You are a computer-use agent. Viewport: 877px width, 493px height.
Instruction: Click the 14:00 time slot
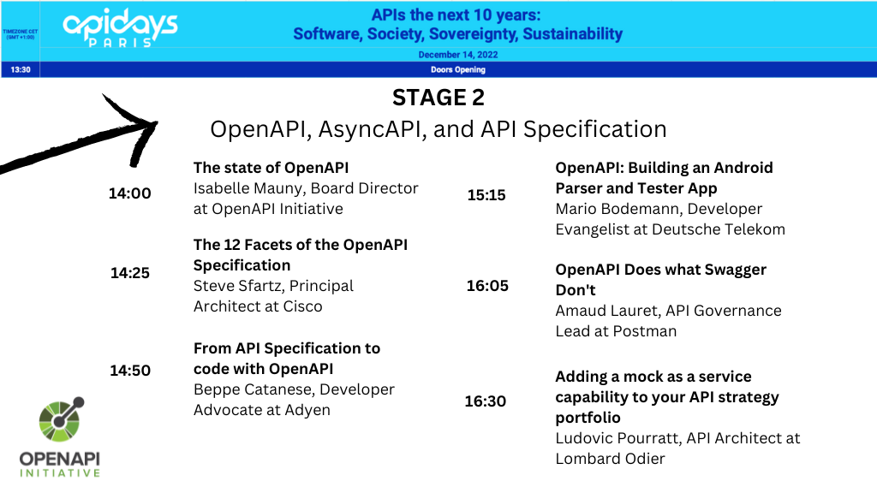(x=130, y=193)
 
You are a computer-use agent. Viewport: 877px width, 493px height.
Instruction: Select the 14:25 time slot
(x=130, y=273)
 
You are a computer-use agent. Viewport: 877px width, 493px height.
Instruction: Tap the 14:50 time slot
(x=130, y=371)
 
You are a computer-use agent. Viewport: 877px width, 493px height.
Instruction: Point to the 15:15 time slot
(x=486, y=195)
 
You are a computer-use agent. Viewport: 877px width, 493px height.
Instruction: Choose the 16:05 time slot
(x=487, y=286)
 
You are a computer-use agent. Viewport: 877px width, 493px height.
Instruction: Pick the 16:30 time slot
(x=486, y=401)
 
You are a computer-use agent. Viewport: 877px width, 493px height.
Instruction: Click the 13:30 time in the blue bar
(x=21, y=70)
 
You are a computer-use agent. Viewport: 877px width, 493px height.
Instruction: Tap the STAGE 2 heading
(x=438, y=98)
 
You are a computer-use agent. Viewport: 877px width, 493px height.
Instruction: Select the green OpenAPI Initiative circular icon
(x=61, y=419)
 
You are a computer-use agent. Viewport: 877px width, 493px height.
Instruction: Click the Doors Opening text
(x=458, y=70)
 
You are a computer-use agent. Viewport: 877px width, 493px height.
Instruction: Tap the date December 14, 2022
(x=458, y=55)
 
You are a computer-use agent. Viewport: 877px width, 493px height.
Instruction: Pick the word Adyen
(x=307, y=410)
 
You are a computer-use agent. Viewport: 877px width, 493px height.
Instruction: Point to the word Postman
(x=644, y=331)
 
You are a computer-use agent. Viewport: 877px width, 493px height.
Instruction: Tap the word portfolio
(x=588, y=418)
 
